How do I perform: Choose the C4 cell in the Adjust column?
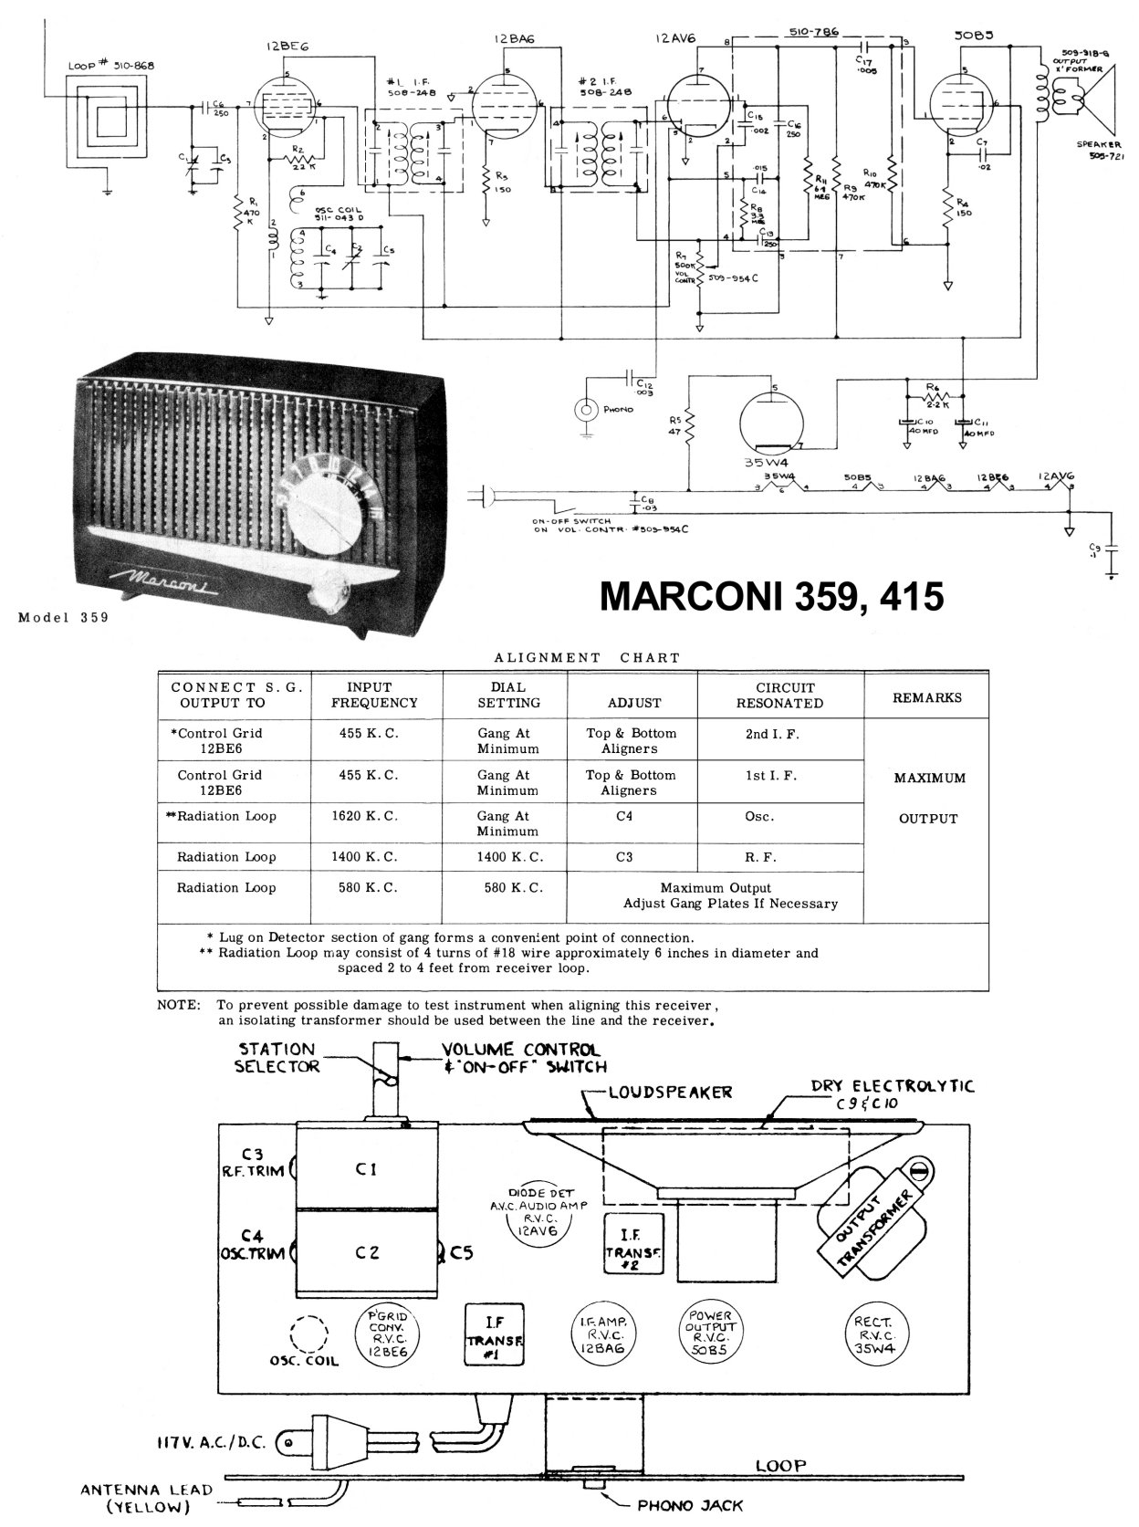point(624,816)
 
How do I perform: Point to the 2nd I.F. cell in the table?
point(771,733)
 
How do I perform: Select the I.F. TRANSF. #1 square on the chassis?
point(494,1334)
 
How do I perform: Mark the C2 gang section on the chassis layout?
point(367,1253)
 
